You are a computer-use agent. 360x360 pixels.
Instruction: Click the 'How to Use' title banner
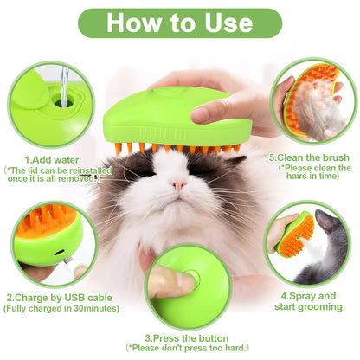click(180, 22)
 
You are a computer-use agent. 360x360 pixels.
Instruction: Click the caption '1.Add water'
click(51, 159)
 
